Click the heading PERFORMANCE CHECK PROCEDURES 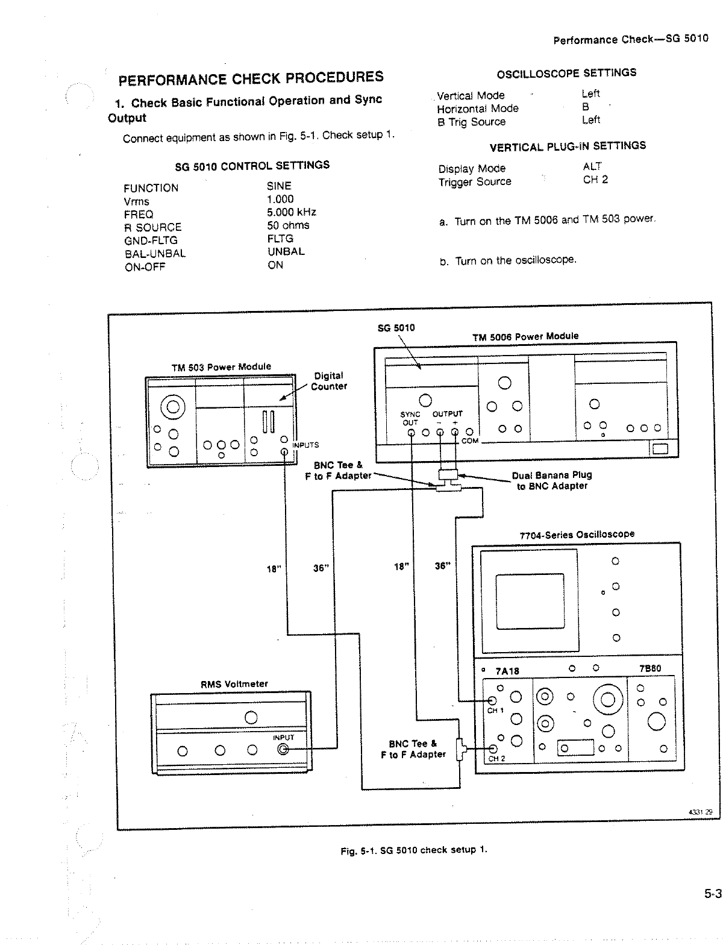click(x=251, y=78)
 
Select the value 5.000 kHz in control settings click(x=292, y=212)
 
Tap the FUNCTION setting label click(x=151, y=188)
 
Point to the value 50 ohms click(x=288, y=225)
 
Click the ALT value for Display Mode click(x=592, y=166)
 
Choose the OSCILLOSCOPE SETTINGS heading click(x=566, y=73)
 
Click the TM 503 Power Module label click(x=221, y=366)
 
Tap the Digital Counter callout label click(x=328, y=381)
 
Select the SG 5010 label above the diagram click(x=396, y=328)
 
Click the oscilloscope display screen click(x=530, y=603)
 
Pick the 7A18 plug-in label click(x=507, y=671)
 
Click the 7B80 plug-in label click(x=650, y=668)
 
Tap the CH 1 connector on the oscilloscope click(x=492, y=700)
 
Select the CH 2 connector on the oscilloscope click(x=493, y=749)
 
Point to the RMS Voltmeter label click(x=234, y=684)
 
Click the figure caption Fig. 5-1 click(x=413, y=850)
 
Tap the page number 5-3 click(x=713, y=894)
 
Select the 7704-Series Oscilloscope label click(x=577, y=535)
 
